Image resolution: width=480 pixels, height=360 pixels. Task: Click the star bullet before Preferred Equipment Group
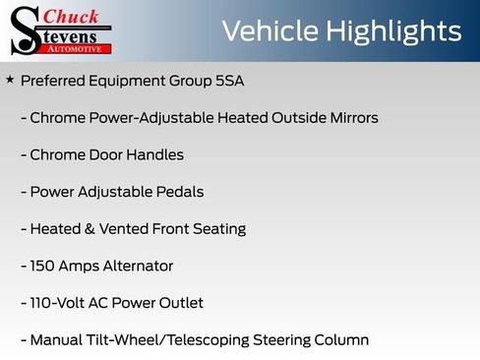click(x=10, y=79)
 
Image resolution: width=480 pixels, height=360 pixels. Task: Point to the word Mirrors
click(x=350, y=118)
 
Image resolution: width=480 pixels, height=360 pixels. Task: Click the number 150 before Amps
click(x=43, y=266)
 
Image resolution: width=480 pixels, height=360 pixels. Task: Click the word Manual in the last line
click(x=56, y=340)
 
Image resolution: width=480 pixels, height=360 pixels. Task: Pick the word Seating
click(x=218, y=229)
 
